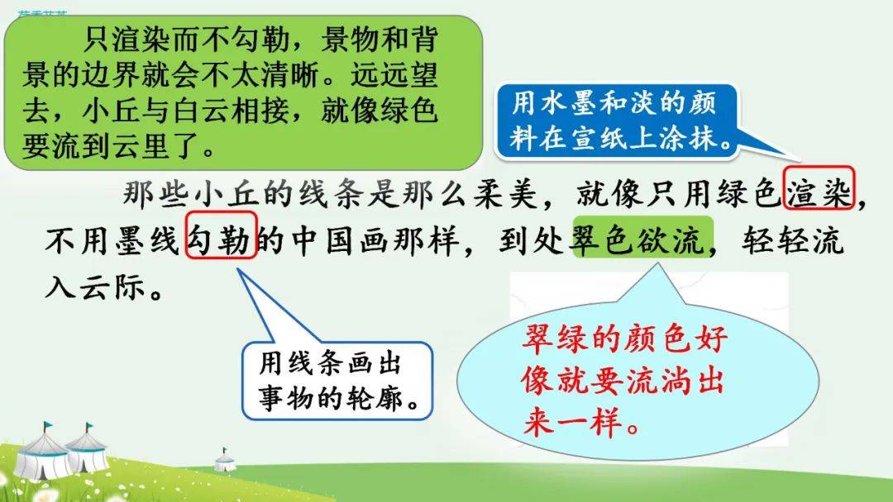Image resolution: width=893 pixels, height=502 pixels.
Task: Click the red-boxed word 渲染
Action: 819,189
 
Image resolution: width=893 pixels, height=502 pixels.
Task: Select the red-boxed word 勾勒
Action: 222,235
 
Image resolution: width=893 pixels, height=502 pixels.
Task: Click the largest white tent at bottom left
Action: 41,455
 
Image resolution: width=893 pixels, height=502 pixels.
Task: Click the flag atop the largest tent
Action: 48,425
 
